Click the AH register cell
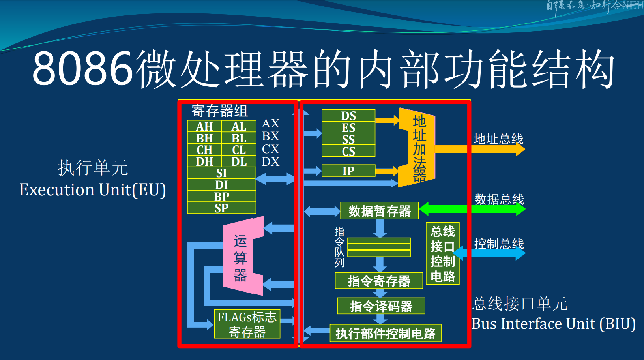[204, 127]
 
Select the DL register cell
[239, 161]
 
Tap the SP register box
[221, 208]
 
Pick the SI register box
[221, 173]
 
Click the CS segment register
[348, 151]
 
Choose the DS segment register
[348, 116]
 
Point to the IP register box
[348, 171]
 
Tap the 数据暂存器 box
[379, 211]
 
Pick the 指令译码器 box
[381, 306]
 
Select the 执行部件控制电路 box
[386, 334]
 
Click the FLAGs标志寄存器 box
[247, 324]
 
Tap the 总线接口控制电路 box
[442, 253]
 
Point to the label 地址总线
[498, 139]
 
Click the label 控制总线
[499, 244]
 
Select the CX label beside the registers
[270, 149]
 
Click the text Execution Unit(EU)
[93, 190]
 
